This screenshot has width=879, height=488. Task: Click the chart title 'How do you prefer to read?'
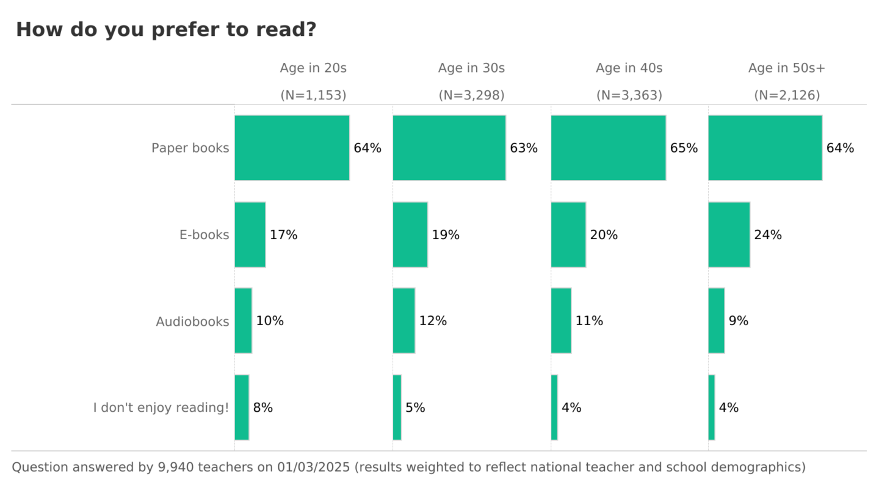pyautogui.click(x=166, y=29)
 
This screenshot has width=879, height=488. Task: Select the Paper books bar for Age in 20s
pyautogui.click(x=292, y=148)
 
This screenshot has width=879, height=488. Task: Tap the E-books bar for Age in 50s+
pyautogui.click(x=729, y=235)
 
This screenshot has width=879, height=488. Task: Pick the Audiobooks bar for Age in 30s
pyautogui.click(x=403, y=321)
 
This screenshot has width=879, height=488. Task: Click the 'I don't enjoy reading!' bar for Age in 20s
pyautogui.click(x=242, y=407)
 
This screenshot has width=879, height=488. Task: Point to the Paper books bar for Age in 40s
pyautogui.click(x=608, y=148)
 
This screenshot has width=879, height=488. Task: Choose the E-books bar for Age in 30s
pyautogui.click(x=410, y=235)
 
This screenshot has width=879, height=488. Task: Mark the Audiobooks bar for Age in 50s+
pyautogui.click(x=716, y=321)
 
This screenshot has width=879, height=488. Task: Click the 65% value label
pyautogui.click(x=684, y=148)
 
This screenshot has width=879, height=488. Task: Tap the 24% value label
pyautogui.click(x=767, y=235)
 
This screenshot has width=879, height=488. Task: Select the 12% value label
pyautogui.click(x=433, y=321)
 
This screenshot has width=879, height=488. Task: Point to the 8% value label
pyautogui.click(x=262, y=407)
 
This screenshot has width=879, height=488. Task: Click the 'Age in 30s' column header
pyautogui.click(x=471, y=68)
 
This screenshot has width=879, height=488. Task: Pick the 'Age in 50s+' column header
pyautogui.click(x=787, y=68)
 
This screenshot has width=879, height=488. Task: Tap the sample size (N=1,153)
pyautogui.click(x=313, y=95)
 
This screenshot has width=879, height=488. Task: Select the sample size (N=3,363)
pyautogui.click(x=629, y=95)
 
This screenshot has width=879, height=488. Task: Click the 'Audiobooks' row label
pyautogui.click(x=192, y=321)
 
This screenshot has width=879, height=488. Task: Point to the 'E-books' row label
pyautogui.click(x=204, y=235)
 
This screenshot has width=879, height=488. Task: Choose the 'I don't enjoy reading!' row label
pyautogui.click(x=161, y=407)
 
